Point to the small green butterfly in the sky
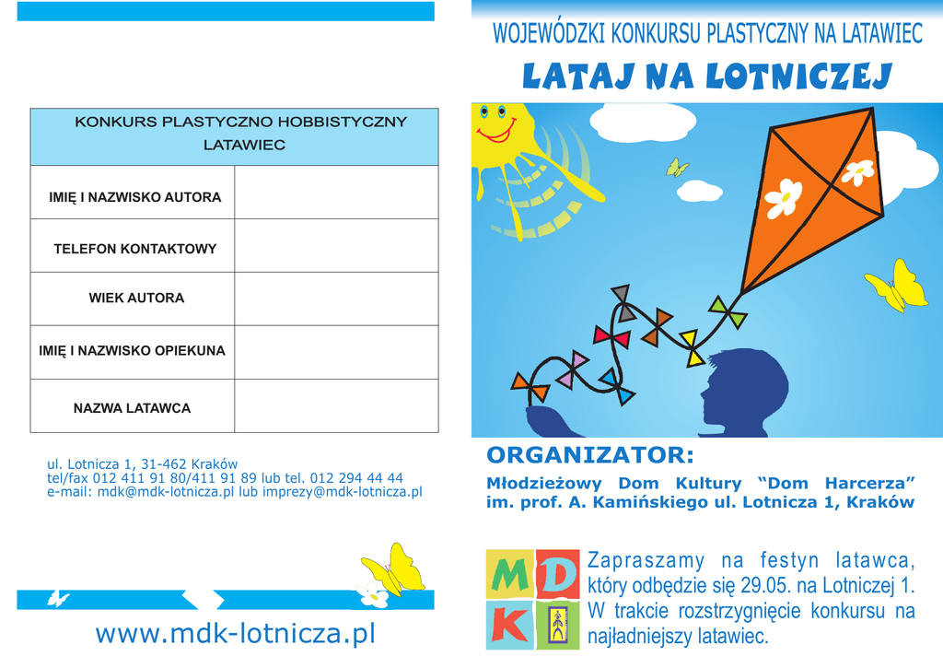coord(677,167)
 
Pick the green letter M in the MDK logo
coord(508,575)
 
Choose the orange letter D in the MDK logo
coord(557,575)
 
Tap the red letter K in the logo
coord(508,626)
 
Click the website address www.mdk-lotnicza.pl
coord(236,634)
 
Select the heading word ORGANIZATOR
coord(589,455)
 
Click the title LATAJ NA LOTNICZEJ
coord(706,77)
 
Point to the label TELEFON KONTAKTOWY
coord(135,249)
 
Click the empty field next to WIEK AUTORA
coord(336,299)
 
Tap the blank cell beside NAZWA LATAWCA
coord(336,406)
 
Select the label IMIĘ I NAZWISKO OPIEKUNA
coord(132,351)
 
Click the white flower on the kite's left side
coord(783,197)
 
